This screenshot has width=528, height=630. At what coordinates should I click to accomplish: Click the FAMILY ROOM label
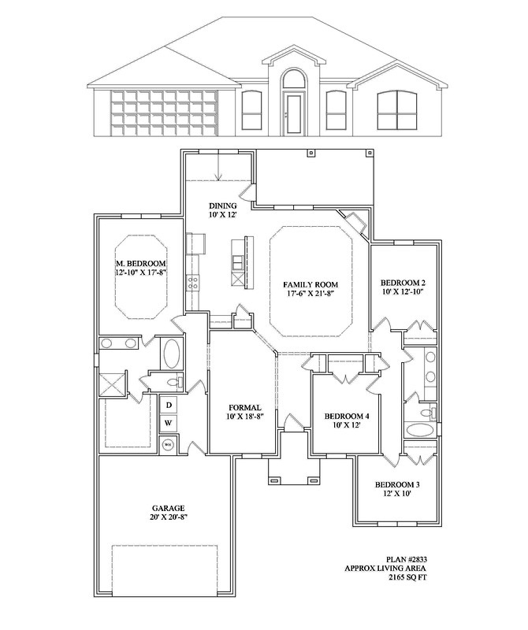(x=310, y=284)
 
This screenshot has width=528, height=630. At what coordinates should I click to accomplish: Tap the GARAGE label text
(x=169, y=508)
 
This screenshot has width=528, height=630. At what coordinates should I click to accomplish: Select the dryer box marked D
(x=169, y=405)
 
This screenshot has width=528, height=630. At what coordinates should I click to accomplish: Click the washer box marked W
(x=169, y=423)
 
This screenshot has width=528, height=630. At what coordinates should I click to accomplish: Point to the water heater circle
(x=167, y=445)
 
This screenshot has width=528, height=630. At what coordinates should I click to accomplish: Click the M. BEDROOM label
(x=141, y=264)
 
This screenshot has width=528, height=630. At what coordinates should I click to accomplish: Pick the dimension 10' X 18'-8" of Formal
(x=245, y=417)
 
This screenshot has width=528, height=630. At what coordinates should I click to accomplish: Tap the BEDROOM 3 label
(x=397, y=485)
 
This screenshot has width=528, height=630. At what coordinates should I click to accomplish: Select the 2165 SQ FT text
(x=407, y=577)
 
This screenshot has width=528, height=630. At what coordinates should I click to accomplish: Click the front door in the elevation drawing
(x=293, y=113)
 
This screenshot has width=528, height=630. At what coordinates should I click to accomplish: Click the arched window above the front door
(x=293, y=79)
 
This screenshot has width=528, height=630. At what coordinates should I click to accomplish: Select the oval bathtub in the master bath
(x=171, y=354)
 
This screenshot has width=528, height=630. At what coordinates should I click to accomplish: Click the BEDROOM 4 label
(x=347, y=416)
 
